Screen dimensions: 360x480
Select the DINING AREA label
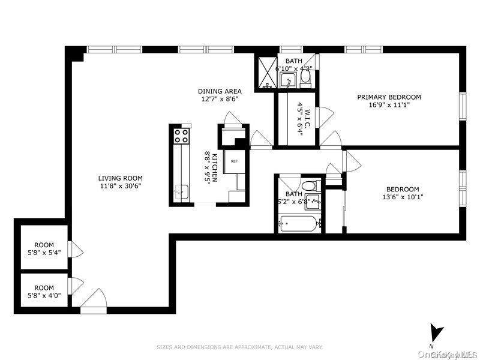coord(220,92)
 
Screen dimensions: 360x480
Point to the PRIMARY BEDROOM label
coord(389,97)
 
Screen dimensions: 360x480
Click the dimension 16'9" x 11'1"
coord(389,104)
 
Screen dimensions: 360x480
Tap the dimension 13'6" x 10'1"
coord(402,197)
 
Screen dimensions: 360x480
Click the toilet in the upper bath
coord(304,78)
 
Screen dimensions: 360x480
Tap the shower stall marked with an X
coord(266,73)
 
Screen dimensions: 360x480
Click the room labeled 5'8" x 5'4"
coord(44,249)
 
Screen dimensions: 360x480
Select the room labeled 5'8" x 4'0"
coord(44,292)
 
